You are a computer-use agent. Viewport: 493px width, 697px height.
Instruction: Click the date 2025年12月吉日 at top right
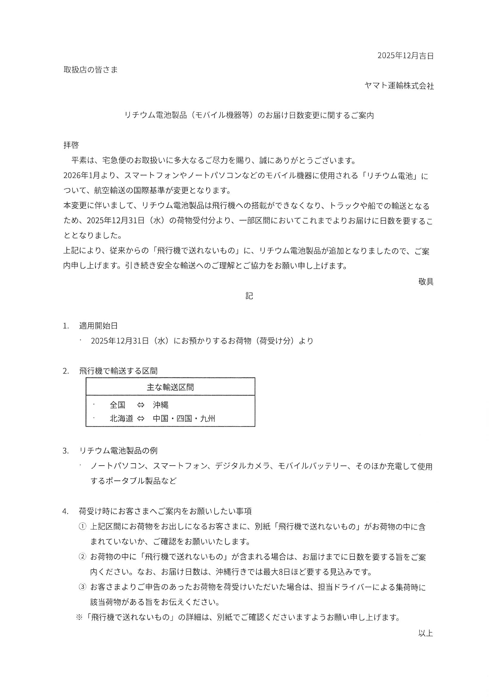tap(405, 55)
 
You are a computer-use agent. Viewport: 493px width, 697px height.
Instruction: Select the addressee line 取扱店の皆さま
tap(91, 70)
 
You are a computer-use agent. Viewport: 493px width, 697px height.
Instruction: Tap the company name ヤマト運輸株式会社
tap(399, 86)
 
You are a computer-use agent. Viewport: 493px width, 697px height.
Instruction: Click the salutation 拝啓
tap(71, 145)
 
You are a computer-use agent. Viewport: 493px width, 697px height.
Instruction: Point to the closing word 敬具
tap(426, 282)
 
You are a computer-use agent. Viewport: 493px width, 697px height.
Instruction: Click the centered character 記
tap(249, 296)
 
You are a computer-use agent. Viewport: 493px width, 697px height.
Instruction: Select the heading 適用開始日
tap(98, 326)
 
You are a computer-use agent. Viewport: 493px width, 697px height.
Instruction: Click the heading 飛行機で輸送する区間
tap(118, 371)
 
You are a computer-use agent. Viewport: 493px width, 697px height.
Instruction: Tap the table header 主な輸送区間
tap(170, 387)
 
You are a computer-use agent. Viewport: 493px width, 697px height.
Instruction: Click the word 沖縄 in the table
tap(161, 405)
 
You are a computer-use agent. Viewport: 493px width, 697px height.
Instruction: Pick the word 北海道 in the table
tap(121, 419)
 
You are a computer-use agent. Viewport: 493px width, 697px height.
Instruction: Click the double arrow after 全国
tap(141, 405)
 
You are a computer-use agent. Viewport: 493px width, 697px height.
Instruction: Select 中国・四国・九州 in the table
tap(184, 419)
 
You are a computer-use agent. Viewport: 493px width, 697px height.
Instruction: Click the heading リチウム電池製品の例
tap(118, 451)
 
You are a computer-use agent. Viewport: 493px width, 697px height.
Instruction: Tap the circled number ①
tap(82, 527)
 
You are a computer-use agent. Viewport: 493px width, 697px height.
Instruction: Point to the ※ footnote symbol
tap(79, 617)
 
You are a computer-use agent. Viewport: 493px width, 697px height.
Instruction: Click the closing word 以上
tap(426, 633)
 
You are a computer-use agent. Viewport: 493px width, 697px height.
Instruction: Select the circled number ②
tap(82, 557)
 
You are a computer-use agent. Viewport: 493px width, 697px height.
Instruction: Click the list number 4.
tap(65, 512)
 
